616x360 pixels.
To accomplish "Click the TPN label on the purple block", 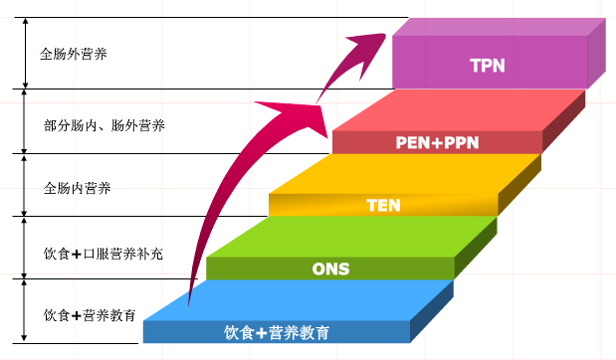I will [x=488, y=67].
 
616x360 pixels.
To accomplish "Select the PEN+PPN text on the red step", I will [x=437, y=143].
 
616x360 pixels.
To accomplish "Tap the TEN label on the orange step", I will [x=382, y=206].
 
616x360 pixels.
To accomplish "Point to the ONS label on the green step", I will [x=331, y=269].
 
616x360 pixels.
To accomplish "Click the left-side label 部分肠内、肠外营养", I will [x=104, y=125].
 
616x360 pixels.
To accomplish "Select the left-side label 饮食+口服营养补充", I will [x=103, y=254].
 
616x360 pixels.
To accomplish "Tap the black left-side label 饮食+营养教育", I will [x=90, y=316].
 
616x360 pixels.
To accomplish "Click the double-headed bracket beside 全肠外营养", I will [x=24, y=54].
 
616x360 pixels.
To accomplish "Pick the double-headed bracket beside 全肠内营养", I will [x=24, y=185].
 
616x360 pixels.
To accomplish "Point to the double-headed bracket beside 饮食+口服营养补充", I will [x=24, y=248].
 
